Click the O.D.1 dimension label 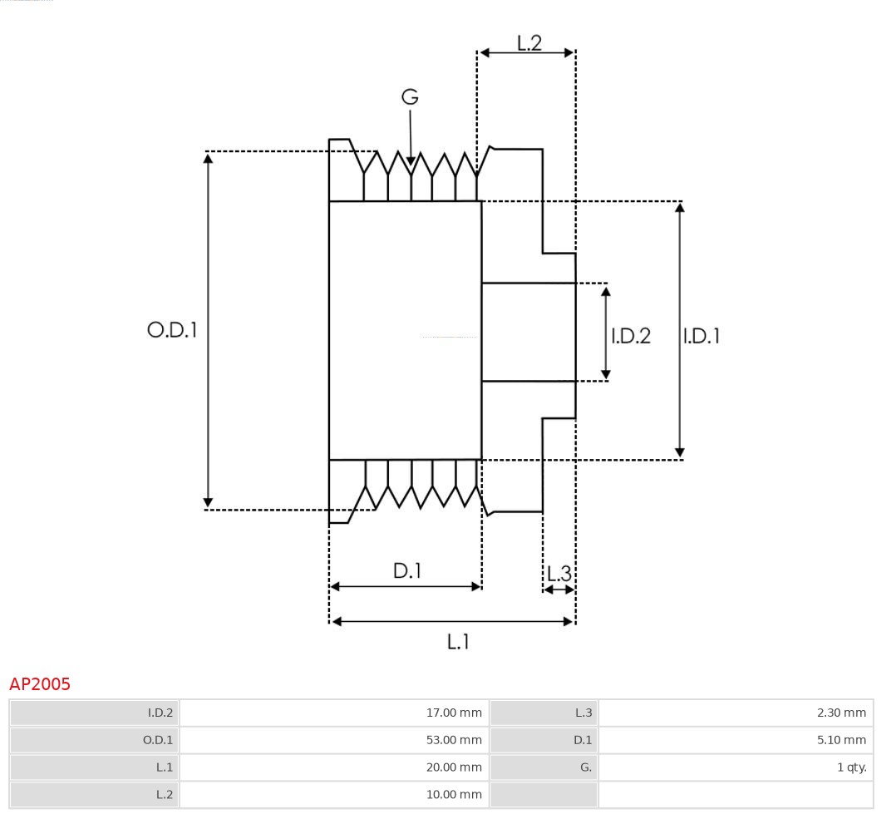click(x=172, y=330)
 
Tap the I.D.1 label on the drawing click(x=701, y=336)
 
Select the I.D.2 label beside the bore click(x=631, y=336)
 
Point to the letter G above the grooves click(x=410, y=97)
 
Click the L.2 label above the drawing click(x=529, y=43)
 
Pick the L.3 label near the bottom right click(x=559, y=574)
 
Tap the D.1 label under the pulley click(x=407, y=571)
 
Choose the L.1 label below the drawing click(x=459, y=642)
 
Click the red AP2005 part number click(x=40, y=684)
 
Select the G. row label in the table click(x=585, y=767)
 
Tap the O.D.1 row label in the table click(x=158, y=740)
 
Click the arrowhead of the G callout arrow click(x=411, y=161)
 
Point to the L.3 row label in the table click(x=583, y=713)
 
